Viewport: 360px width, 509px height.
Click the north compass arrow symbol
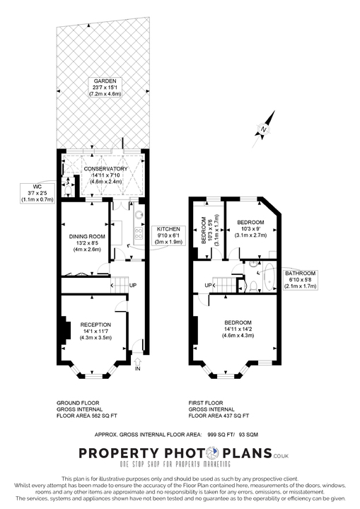click(x=262, y=127)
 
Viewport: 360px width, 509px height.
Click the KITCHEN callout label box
click(x=168, y=235)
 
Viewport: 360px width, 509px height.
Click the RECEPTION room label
click(x=96, y=324)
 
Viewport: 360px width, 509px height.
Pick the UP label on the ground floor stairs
click(x=133, y=285)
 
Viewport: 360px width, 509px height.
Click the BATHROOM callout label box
click(x=301, y=279)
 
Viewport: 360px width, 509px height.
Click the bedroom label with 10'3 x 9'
click(x=251, y=228)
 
